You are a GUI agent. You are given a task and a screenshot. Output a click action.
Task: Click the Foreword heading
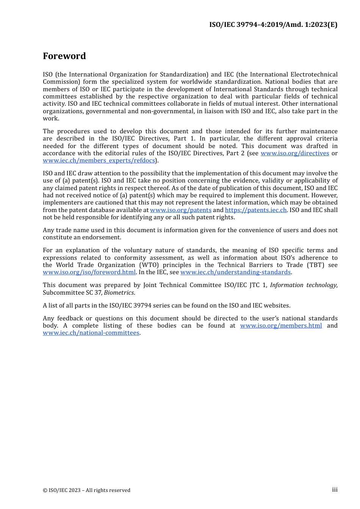pyautogui.click(x=64, y=56)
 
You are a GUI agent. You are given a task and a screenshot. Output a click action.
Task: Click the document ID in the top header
pyautogui.click(x=273, y=25)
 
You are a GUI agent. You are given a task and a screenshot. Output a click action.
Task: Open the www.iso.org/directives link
pyautogui.click(x=294, y=153)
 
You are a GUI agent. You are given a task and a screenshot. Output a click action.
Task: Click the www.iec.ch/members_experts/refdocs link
pyautogui.click(x=99, y=161)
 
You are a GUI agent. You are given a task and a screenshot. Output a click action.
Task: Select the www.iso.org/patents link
pyautogui.click(x=180, y=210)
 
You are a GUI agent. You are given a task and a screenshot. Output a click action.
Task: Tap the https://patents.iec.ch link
pyautogui.click(x=256, y=210)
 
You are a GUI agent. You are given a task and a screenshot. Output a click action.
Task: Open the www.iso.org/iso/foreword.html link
pyautogui.click(x=89, y=272)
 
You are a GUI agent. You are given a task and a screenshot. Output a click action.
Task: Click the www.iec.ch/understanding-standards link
pyautogui.click(x=235, y=272)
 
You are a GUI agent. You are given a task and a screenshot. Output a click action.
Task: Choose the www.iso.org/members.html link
pyautogui.click(x=281, y=326)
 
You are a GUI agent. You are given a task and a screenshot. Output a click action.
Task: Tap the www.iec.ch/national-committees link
pyautogui.click(x=91, y=333)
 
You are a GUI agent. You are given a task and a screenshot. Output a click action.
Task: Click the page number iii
pyautogui.click(x=335, y=490)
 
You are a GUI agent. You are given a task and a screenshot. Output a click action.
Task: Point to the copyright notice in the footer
pyautogui.click(x=86, y=490)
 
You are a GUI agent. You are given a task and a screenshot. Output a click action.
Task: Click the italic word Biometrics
pyautogui.click(x=119, y=293)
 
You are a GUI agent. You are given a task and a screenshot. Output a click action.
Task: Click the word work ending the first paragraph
pyautogui.click(x=50, y=119)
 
